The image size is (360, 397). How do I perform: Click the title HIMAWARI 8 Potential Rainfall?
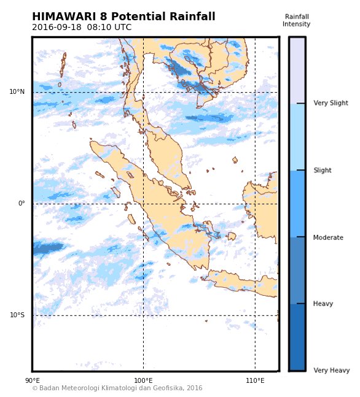pos(123,17)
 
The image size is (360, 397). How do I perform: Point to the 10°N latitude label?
pos(17,92)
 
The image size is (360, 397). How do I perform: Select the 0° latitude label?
pos(21,204)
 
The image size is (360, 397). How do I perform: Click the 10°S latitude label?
pos(17,315)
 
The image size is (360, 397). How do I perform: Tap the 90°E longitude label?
pos(33,381)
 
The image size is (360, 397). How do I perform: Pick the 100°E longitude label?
pos(143,381)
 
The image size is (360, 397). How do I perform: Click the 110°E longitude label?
pos(255,381)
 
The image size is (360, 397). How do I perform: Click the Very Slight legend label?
pos(331,104)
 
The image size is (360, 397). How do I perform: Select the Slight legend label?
pos(323,171)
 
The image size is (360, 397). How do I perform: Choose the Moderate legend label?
pos(328,237)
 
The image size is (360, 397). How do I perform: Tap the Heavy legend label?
pos(323,304)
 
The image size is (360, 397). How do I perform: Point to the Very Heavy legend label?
pos(331,371)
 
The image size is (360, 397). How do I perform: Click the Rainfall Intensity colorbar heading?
pos(297,21)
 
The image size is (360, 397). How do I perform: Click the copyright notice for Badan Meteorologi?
pos(117,388)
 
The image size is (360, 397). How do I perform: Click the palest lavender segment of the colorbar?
pos(297,70)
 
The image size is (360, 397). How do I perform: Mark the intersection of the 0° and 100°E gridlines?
pos(143,204)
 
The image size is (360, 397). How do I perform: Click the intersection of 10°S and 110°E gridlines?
pos(255,315)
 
